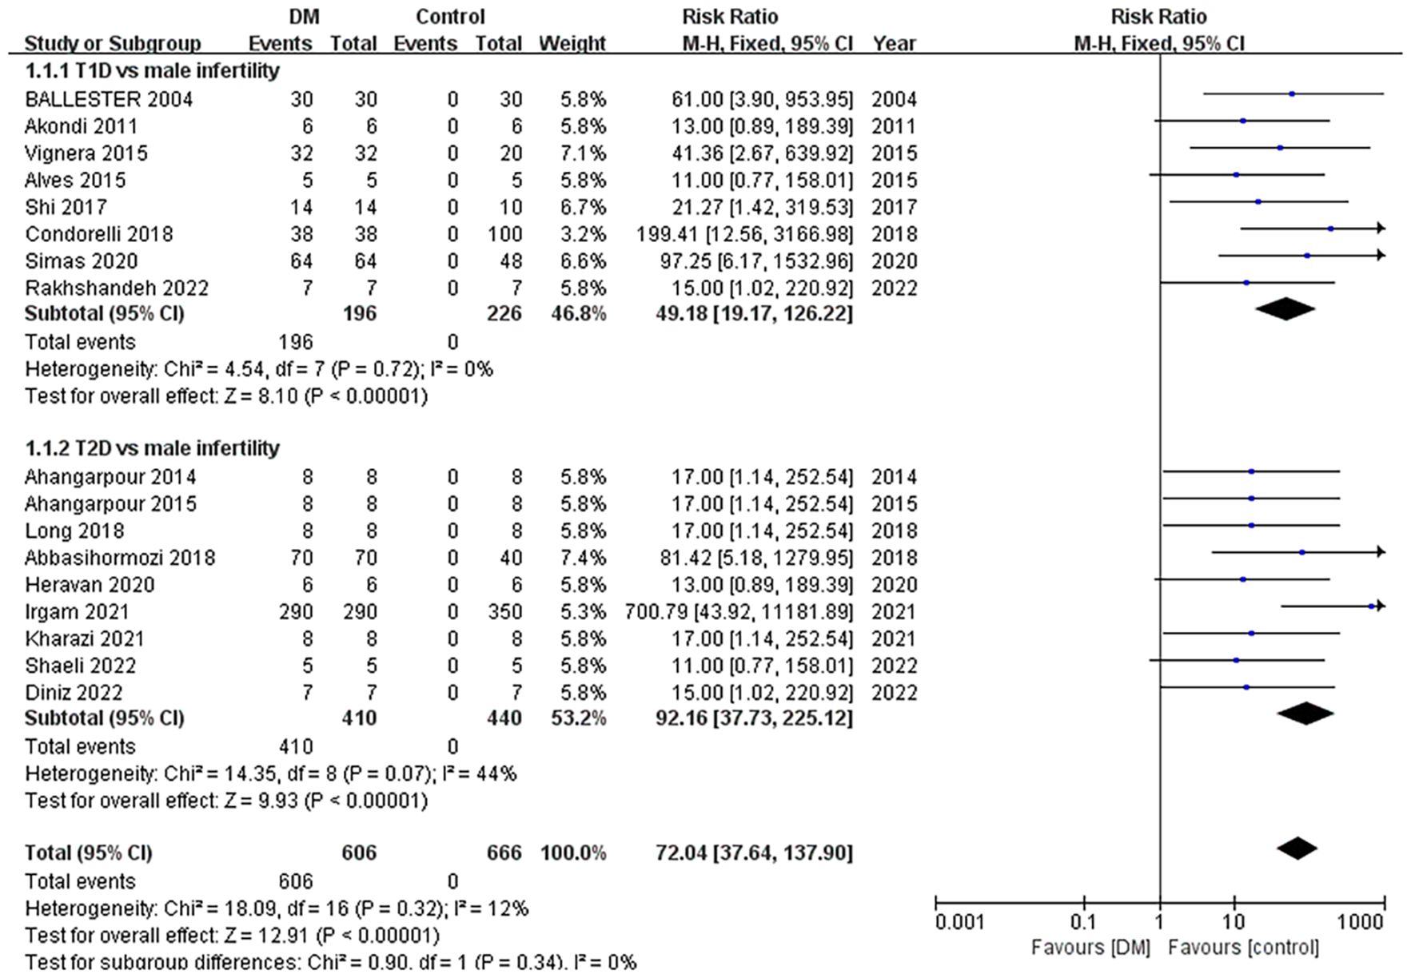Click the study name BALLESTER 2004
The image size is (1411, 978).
click(109, 99)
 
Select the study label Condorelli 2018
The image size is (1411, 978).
click(99, 234)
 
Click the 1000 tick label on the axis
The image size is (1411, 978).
click(1360, 923)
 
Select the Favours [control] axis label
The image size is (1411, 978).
click(1243, 948)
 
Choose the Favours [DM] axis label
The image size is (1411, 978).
click(1090, 948)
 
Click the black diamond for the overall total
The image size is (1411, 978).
click(1297, 849)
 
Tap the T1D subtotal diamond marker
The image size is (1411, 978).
click(1285, 308)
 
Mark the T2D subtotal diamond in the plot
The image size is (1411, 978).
click(1305, 713)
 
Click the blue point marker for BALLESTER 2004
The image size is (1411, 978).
click(1292, 94)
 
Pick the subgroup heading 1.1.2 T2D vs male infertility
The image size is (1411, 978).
click(152, 448)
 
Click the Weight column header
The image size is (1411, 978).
click(572, 43)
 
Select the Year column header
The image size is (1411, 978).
click(894, 43)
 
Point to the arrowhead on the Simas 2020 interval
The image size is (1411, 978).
click(1381, 256)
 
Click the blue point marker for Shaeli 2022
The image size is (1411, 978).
click(1236, 661)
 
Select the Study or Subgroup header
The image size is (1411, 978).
click(113, 43)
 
